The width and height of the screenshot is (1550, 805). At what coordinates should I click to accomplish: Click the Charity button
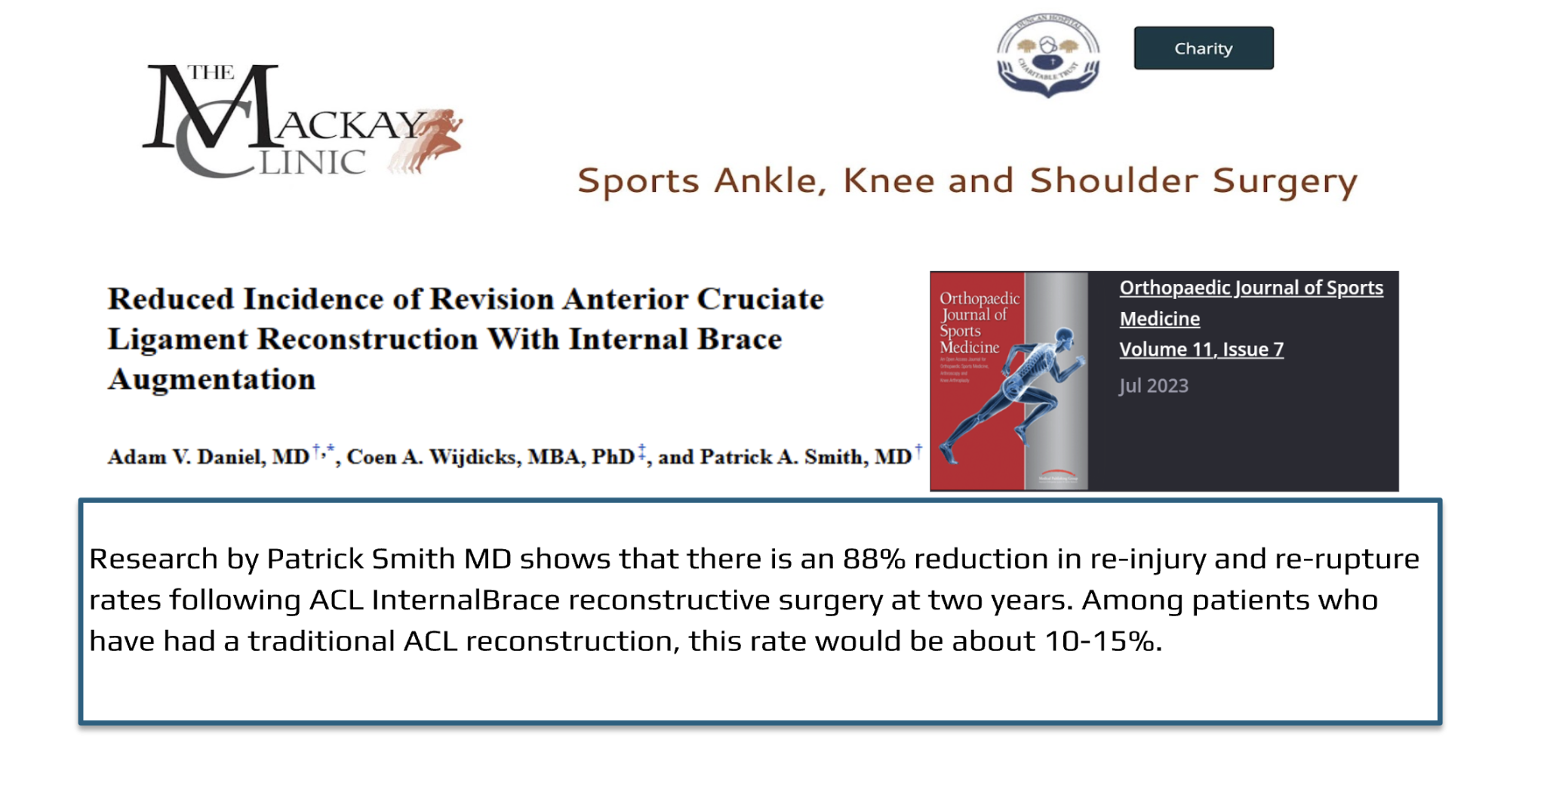click(x=1203, y=48)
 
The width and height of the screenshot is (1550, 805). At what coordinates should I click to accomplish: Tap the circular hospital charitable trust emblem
click(x=1047, y=55)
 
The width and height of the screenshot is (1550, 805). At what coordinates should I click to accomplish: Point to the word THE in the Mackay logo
click(x=211, y=72)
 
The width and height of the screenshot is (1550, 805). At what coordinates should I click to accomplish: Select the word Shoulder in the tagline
click(x=1113, y=180)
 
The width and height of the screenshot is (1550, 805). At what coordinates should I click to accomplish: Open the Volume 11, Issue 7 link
click(x=1201, y=350)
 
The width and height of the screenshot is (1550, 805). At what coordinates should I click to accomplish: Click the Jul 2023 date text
click(x=1153, y=386)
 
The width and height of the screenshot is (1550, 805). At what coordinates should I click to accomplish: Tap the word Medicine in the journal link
click(x=1159, y=319)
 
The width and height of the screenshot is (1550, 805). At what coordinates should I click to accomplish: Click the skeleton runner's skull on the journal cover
click(x=1065, y=337)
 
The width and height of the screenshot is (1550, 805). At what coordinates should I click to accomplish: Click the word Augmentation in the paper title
click(x=212, y=379)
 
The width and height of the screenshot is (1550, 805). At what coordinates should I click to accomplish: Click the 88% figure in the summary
click(x=874, y=559)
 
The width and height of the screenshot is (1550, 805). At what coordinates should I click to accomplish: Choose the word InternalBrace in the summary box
click(x=466, y=600)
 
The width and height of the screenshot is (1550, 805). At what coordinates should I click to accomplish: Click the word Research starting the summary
click(x=154, y=559)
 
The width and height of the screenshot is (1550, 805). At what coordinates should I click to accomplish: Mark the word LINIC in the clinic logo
click(x=312, y=162)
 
